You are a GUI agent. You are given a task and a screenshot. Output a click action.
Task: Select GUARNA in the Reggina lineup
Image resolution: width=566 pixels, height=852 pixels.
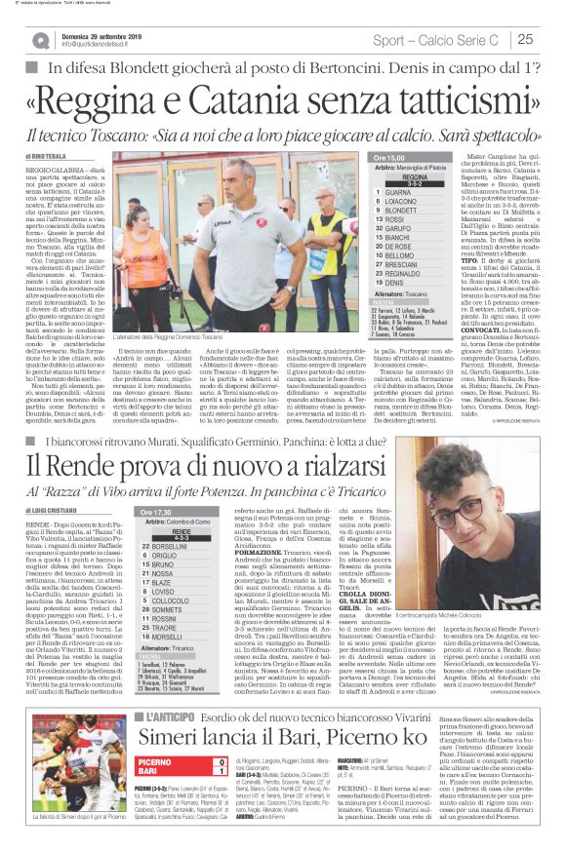pos(399,192)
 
